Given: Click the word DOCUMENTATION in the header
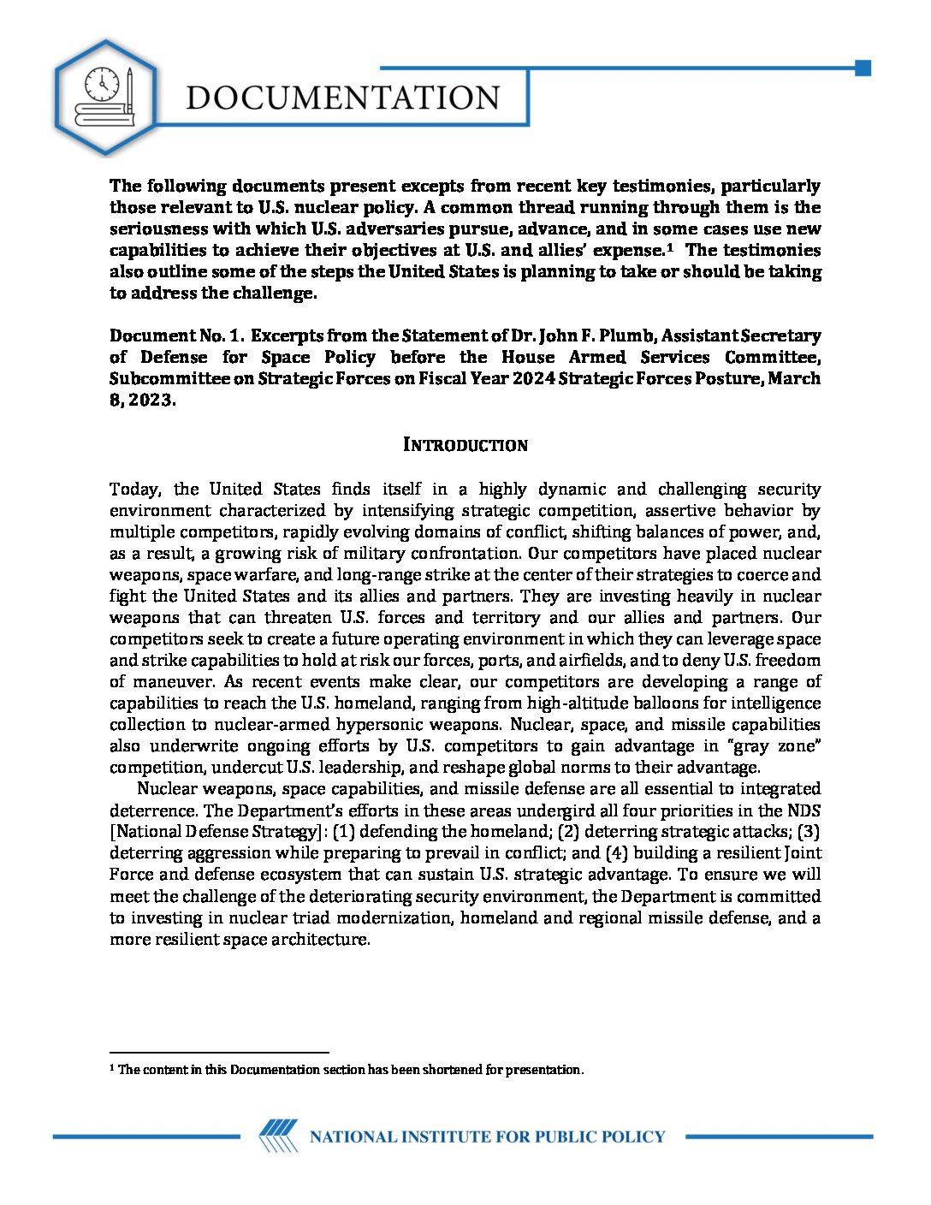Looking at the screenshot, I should (343, 98).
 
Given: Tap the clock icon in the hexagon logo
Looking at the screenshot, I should (102, 84).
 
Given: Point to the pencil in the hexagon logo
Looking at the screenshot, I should (129, 90).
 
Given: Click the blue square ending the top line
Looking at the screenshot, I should (863, 68).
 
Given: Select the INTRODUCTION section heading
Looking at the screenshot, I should (465, 445).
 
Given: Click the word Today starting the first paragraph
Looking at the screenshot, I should (135, 490).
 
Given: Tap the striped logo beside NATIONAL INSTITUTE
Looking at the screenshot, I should (279, 1137).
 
